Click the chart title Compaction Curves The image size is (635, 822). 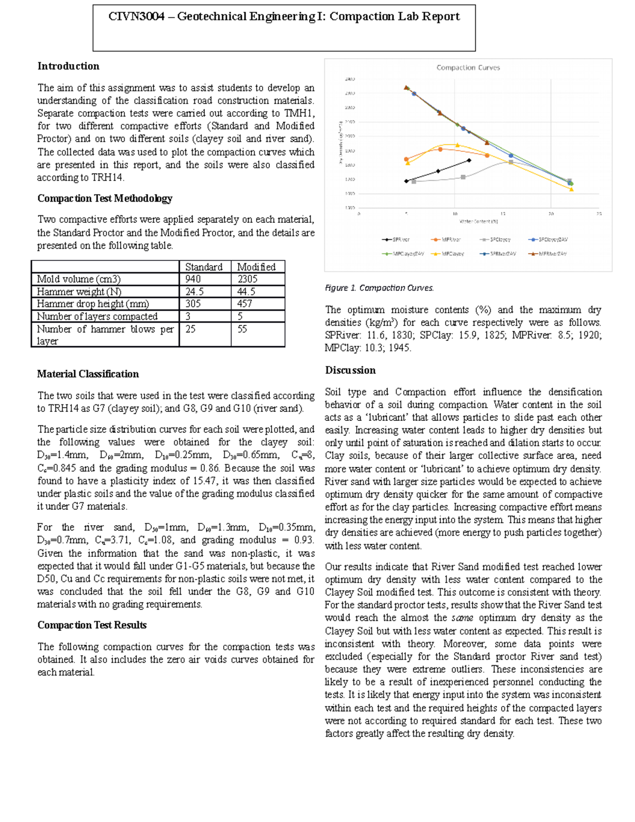coord(468,68)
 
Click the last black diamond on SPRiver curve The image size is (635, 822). coord(469,160)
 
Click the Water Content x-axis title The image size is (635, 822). coord(478,221)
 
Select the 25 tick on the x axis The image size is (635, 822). coord(598,214)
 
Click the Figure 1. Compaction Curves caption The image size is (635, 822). coord(379,288)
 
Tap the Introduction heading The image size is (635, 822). coord(68,66)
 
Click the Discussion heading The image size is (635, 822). coord(350,371)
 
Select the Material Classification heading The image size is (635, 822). coord(88,374)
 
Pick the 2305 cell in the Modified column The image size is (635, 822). coord(247,279)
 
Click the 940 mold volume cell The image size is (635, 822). coord(193,279)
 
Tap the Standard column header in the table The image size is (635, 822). coord(204,267)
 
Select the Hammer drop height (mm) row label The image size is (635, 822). coord(93,304)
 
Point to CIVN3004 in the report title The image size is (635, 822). coord(137,17)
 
